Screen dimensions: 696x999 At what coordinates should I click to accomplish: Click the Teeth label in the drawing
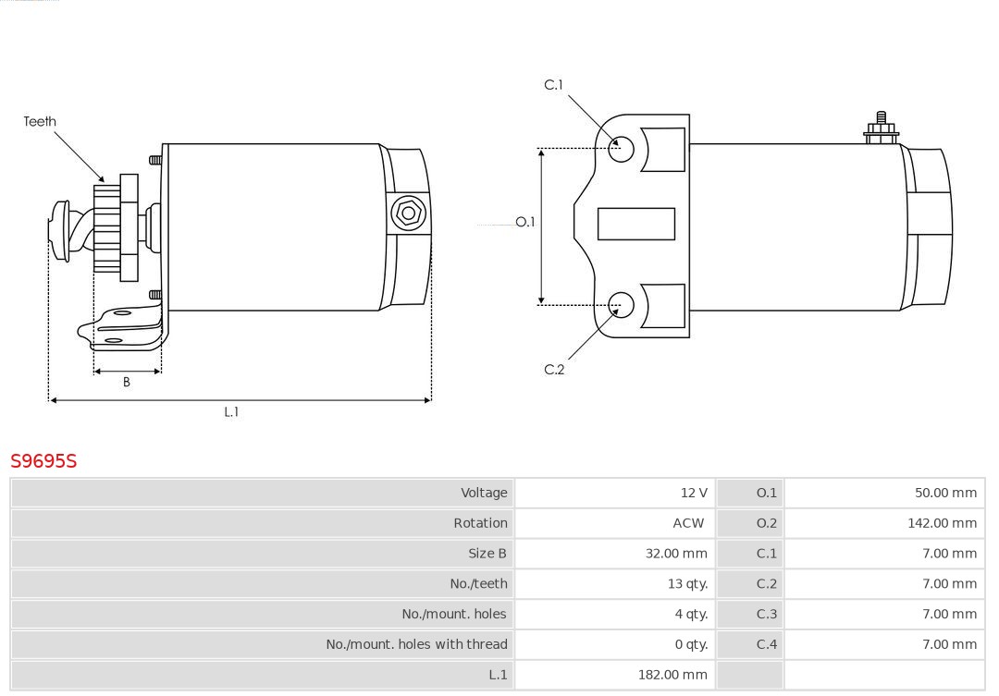point(40,121)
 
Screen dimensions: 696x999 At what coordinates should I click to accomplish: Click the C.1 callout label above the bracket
point(553,85)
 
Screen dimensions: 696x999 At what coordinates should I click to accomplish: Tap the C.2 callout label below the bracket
point(554,370)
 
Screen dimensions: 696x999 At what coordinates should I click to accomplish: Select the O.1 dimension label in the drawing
point(524,222)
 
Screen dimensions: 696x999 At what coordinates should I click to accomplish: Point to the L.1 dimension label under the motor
point(231,412)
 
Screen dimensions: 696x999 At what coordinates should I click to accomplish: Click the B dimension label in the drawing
point(127,382)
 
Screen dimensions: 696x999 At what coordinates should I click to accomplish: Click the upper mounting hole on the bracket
point(622,148)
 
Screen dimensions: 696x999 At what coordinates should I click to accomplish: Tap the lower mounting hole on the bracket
point(622,304)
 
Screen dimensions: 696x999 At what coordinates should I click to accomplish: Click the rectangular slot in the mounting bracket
point(635,224)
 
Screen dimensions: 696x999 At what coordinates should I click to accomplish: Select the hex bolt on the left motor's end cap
point(408,214)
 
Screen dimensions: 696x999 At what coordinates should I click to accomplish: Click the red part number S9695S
point(43,460)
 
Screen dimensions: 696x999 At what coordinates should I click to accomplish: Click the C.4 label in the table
point(767,644)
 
